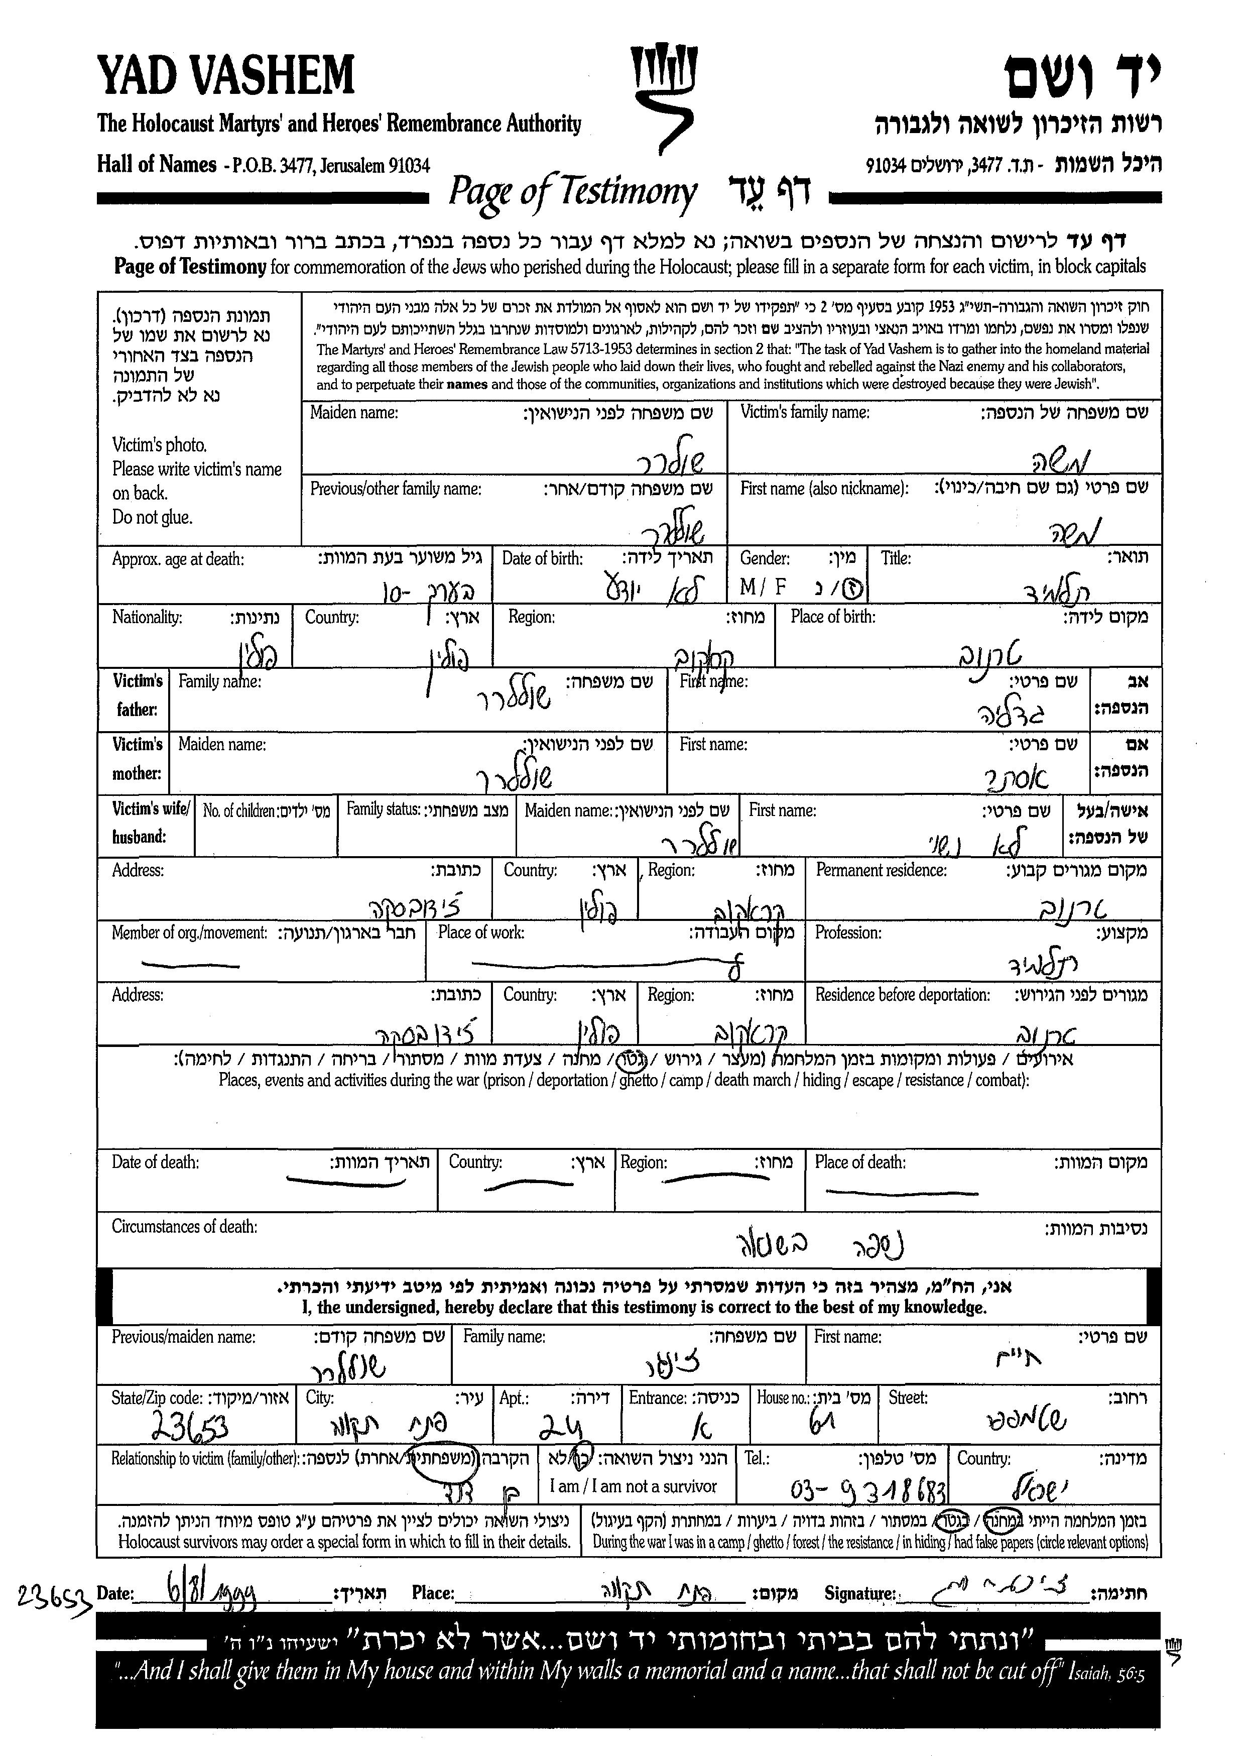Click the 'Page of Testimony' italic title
[572, 192]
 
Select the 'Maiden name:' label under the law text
[354, 413]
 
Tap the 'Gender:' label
[765, 558]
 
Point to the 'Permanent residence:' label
[881, 870]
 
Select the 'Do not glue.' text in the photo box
[152, 518]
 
